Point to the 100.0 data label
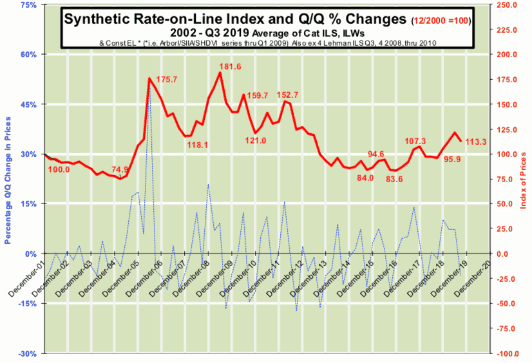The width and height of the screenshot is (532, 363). [x=59, y=170]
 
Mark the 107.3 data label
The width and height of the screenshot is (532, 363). [x=415, y=141]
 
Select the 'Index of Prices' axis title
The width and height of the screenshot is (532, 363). [x=523, y=180]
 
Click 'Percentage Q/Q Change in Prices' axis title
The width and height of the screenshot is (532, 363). [x=8, y=181]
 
